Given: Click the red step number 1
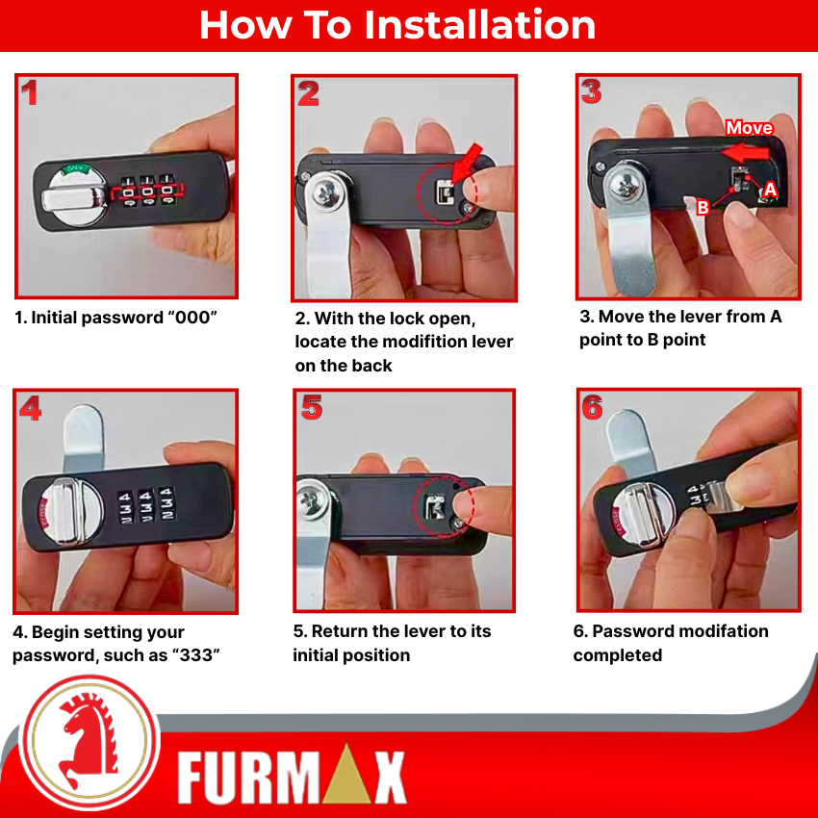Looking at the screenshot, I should (x=30, y=93).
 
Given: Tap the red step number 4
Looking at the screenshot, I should (x=31, y=408).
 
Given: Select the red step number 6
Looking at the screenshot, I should (x=592, y=408).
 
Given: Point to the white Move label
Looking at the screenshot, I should (x=749, y=128).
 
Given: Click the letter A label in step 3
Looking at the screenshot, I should (x=770, y=192).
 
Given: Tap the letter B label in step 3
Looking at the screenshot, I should (x=703, y=207).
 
